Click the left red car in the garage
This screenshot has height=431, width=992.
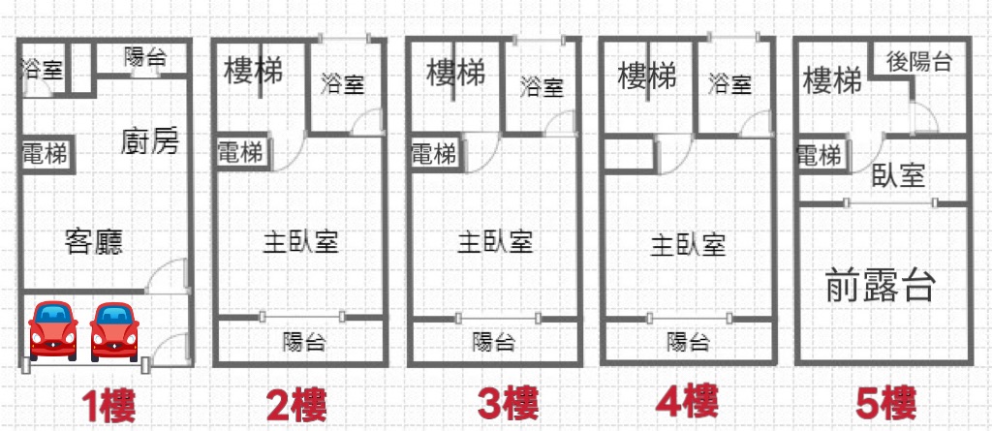pos(54,330)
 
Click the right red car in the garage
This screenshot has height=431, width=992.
pos(114,331)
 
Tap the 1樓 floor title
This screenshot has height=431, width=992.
pos(108,406)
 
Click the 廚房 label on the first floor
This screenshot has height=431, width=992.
pos(150,141)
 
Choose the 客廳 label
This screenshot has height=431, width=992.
pos(94,241)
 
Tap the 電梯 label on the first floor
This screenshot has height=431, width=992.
pos(45,154)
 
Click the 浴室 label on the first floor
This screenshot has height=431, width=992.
pos(42,69)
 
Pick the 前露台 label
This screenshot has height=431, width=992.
pos(880,286)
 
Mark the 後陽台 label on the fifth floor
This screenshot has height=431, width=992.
pos(918,61)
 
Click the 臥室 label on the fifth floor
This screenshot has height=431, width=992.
pos(898,175)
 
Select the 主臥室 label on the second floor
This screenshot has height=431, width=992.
pos(300,242)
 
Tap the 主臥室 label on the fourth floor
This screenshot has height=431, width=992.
pos(688,245)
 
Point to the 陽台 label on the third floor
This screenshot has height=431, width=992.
pos(493,343)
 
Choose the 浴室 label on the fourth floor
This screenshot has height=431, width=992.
pos(729,83)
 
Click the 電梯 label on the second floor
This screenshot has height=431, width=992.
pos(240,152)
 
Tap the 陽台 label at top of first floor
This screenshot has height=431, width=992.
pos(145,57)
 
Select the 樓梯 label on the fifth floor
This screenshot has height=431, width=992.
pos(832,81)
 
